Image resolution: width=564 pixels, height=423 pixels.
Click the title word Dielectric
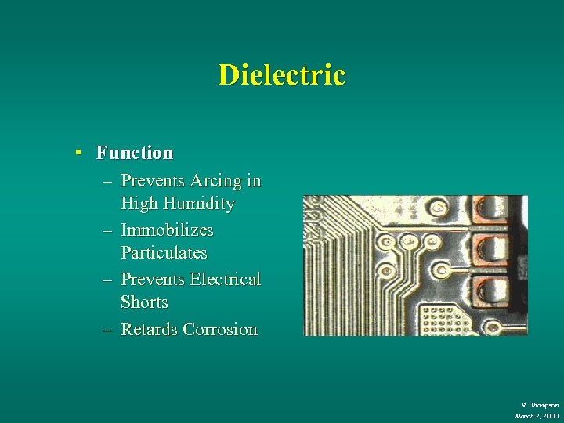(281, 75)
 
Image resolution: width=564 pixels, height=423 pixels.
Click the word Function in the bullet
(135, 152)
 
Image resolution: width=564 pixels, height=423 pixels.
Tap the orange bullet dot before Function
(80, 152)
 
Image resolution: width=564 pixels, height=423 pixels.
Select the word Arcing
(213, 181)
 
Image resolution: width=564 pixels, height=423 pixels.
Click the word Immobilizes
(167, 230)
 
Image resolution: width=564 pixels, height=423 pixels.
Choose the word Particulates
(164, 253)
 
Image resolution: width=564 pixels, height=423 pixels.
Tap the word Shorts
(144, 302)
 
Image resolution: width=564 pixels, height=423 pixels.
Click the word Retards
(149, 330)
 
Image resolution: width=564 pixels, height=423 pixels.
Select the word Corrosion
(219, 330)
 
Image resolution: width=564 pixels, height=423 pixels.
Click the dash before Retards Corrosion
(107, 330)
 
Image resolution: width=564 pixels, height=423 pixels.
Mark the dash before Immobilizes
(107, 230)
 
